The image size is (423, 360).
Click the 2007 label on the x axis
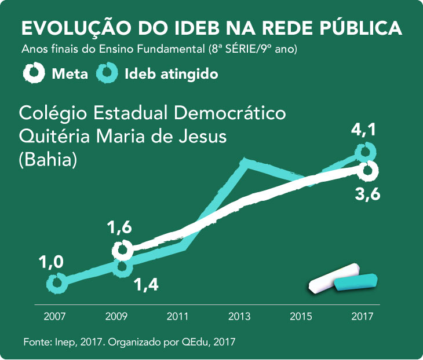pos(55,317)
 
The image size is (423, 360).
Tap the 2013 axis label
pos(239,317)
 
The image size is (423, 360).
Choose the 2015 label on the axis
pos(301,317)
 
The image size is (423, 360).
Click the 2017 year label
pos(363,317)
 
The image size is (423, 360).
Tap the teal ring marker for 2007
pos(56,283)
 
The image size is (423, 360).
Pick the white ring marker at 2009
pos(122,250)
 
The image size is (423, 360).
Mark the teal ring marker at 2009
pos(121,267)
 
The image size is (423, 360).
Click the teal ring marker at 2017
pos(365,152)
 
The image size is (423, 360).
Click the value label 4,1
pos(364,131)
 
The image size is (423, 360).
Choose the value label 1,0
pos(50,263)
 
